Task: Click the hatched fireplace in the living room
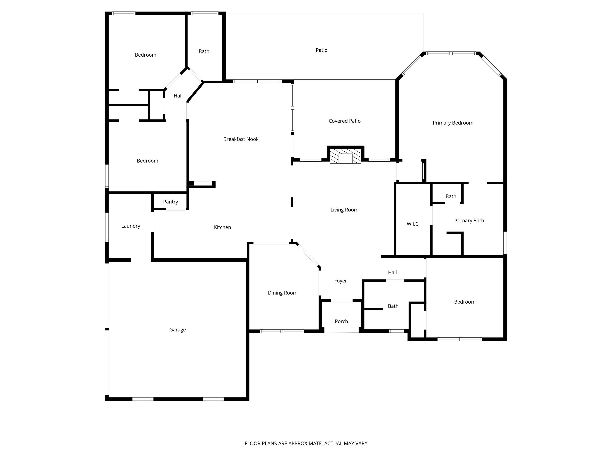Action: pyautogui.click(x=345, y=156)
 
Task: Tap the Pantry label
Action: pyautogui.click(x=170, y=202)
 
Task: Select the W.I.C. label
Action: pyautogui.click(x=413, y=224)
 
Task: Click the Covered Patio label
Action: pyautogui.click(x=344, y=121)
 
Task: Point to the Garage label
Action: pyautogui.click(x=177, y=330)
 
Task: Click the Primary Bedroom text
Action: pyautogui.click(x=453, y=123)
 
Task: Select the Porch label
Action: pyautogui.click(x=341, y=321)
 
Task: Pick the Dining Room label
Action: pyautogui.click(x=282, y=293)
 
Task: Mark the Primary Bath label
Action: pyautogui.click(x=469, y=221)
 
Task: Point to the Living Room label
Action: pyautogui.click(x=344, y=210)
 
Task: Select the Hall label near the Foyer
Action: pyautogui.click(x=392, y=273)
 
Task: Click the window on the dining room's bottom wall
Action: pyautogui.click(x=282, y=331)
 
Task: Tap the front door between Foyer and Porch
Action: pyautogui.click(x=342, y=300)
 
